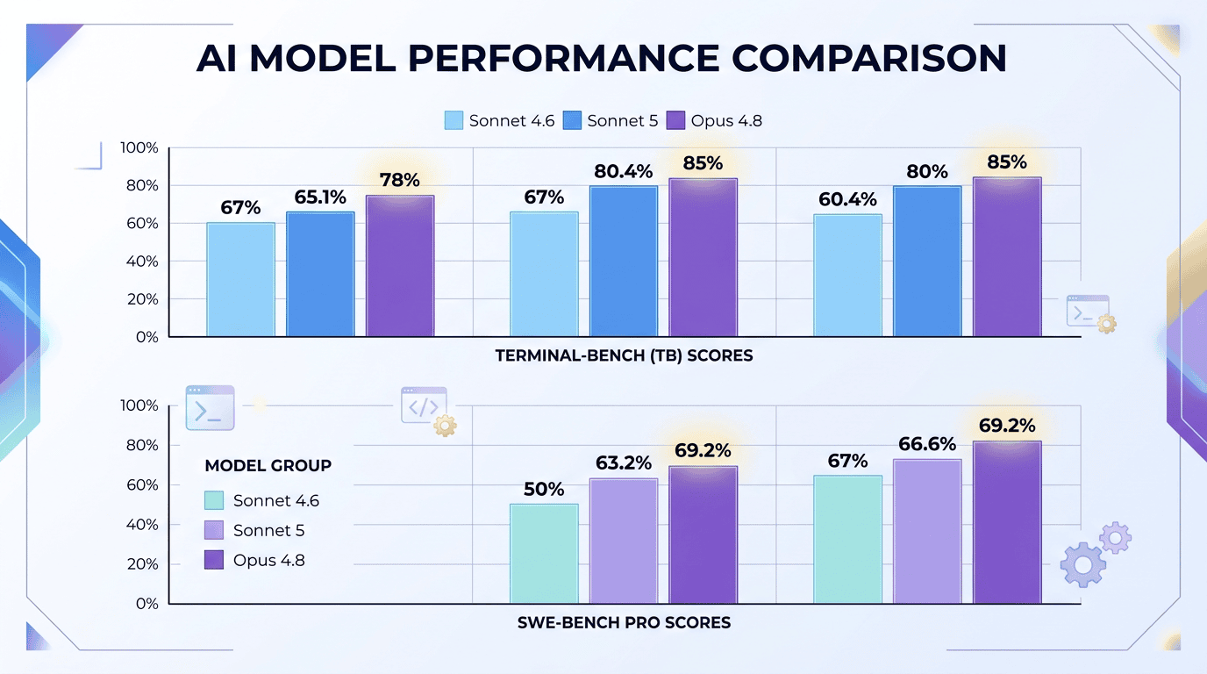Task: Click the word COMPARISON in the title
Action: click(868, 58)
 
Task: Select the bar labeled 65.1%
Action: click(320, 275)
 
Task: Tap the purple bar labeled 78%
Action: click(400, 267)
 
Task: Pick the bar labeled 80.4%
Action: click(624, 262)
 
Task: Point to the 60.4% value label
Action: click(847, 199)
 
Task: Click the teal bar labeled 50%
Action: click(544, 554)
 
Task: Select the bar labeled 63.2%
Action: click(624, 541)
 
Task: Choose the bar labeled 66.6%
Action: click(927, 532)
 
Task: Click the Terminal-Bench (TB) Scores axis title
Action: click(624, 356)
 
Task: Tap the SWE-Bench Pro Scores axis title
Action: click(624, 623)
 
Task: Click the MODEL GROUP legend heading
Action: click(268, 465)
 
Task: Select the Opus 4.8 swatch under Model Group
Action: click(214, 560)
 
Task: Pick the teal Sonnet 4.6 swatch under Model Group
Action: click(214, 500)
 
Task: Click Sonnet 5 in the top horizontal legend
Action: click(623, 121)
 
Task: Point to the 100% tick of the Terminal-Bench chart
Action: click(139, 147)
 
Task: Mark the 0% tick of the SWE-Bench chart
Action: click(146, 604)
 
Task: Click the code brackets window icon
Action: click(424, 405)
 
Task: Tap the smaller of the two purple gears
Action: click(1116, 538)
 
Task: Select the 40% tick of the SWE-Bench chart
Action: click(142, 524)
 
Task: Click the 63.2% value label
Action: click(624, 462)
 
